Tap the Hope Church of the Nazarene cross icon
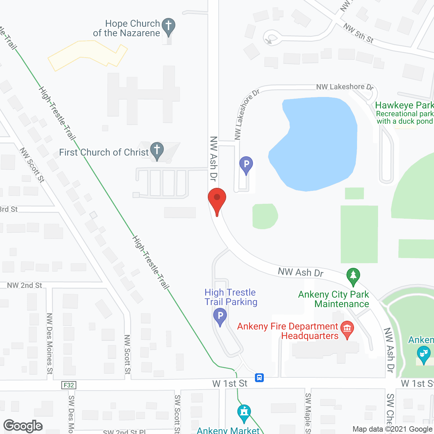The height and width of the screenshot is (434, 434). (169, 26)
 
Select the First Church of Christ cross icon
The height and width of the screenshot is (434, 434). (157, 150)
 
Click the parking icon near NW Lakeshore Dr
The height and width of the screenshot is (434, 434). (246, 164)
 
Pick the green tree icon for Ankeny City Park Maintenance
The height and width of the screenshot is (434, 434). (353, 276)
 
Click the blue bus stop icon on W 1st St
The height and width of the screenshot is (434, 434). (259, 377)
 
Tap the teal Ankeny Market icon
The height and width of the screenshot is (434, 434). (244, 412)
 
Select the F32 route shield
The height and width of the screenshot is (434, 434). (69, 385)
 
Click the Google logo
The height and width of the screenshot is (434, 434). (23, 426)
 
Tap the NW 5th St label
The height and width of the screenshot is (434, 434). (358, 33)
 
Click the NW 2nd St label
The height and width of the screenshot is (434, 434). (24, 285)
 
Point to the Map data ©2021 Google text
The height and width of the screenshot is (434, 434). (393, 429)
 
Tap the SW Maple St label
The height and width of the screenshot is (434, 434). (308, 413)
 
